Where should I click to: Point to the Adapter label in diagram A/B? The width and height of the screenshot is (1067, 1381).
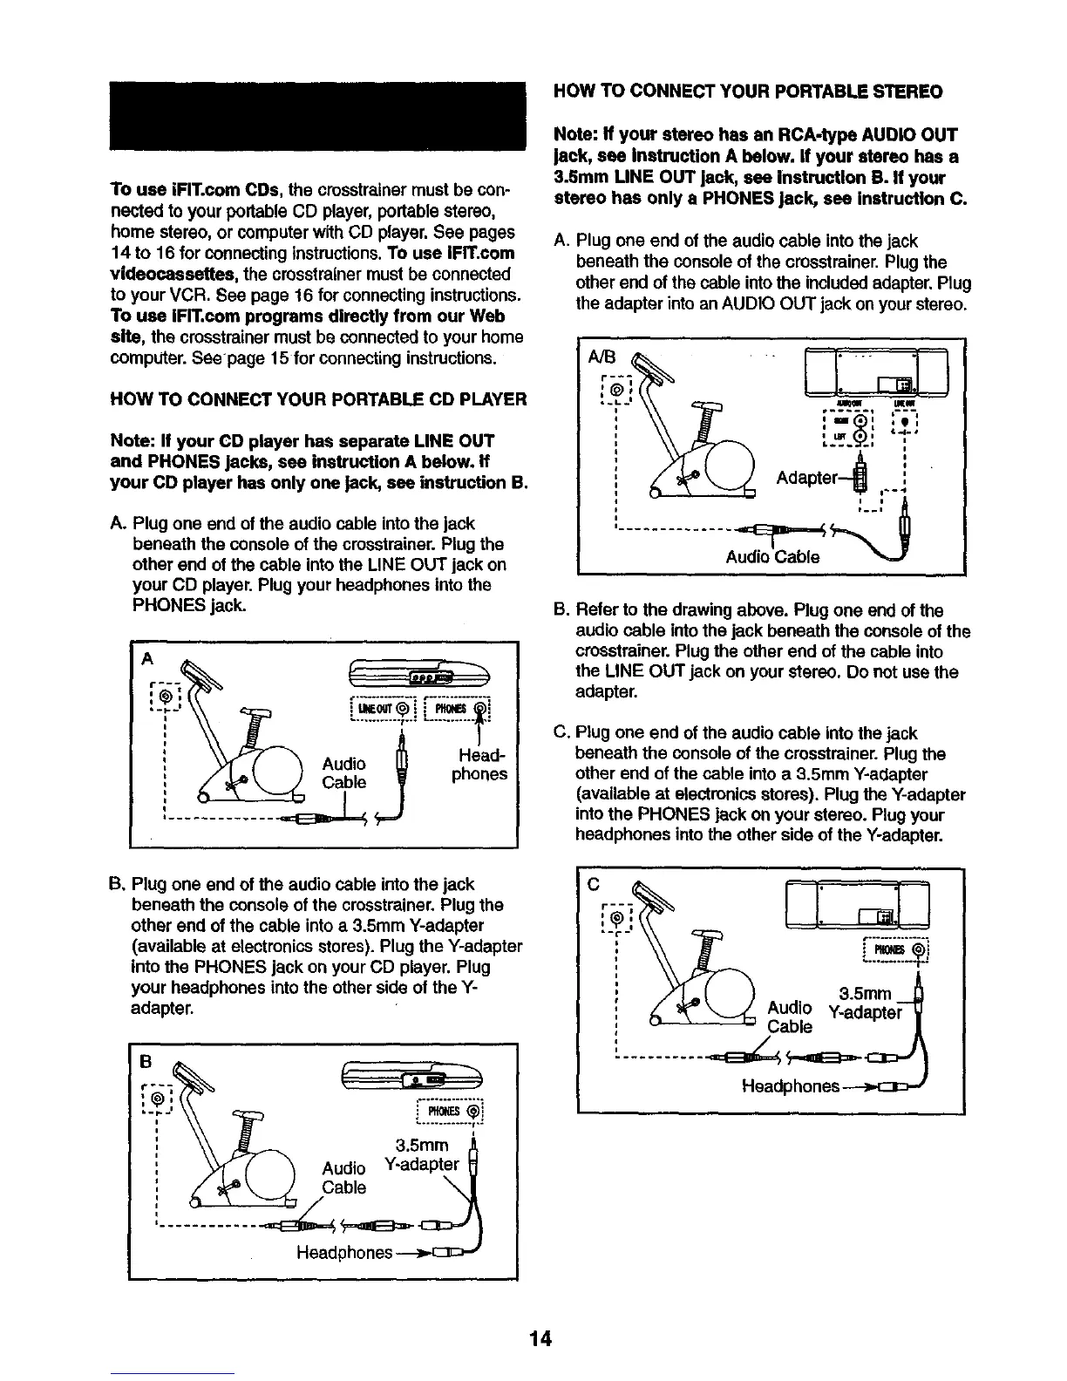click(811, 479)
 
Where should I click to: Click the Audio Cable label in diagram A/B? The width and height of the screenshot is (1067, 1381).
click(772, 556)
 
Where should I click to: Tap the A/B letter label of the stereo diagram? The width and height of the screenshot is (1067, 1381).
click(602, 357)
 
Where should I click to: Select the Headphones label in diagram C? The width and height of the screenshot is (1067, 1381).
click(790, 1086)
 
